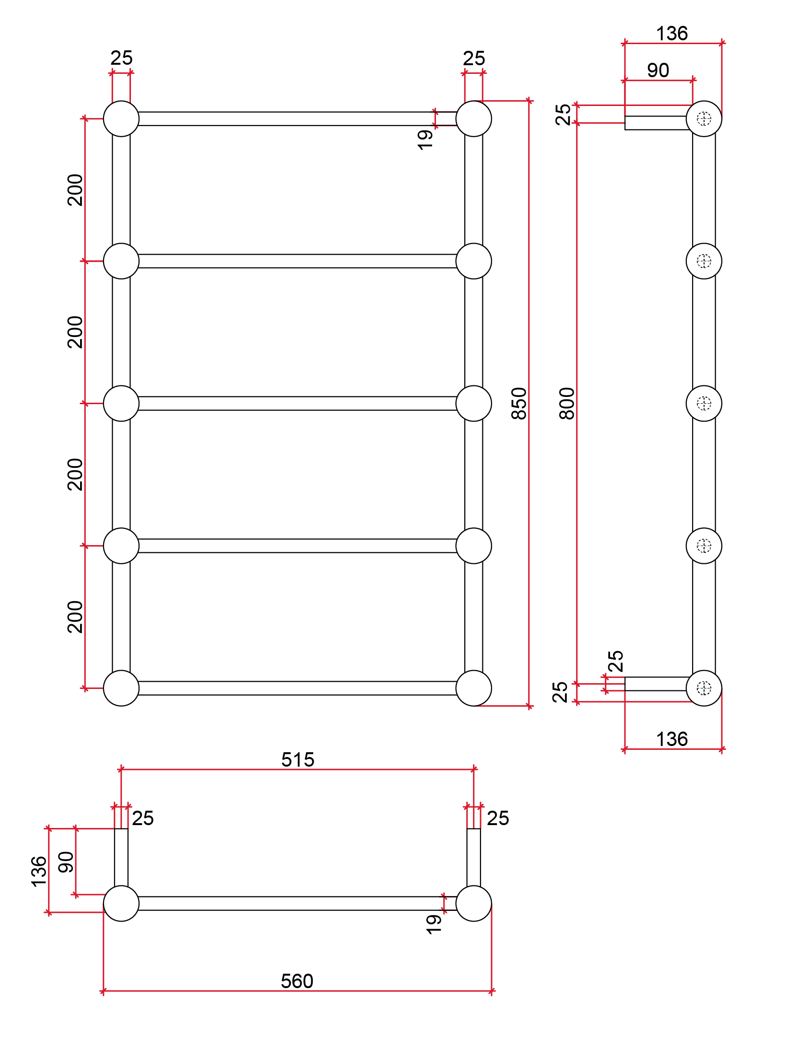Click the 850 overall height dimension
point(519,403)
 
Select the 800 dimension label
point(567,403)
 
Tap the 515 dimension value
point(298,760)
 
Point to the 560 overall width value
point(297,981)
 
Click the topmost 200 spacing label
point(75,190)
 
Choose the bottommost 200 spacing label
point(75,617)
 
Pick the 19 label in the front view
point(425,140)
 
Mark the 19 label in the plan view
point(434,924)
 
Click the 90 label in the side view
point(658,70)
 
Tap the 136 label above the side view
point(672,34)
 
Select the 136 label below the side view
point(672,739)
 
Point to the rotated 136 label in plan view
point(39,871)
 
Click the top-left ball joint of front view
point(121,119)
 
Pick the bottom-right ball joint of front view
point(474,688)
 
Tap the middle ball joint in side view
point(704,403)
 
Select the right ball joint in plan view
point(474,903)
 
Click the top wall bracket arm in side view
point(656,123)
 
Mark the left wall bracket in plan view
point(121,857)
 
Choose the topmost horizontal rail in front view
point(297,119)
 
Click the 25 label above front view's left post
point(121,58)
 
